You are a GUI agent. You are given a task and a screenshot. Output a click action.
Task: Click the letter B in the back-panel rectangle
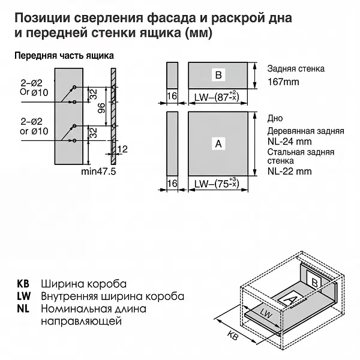coord(218,75)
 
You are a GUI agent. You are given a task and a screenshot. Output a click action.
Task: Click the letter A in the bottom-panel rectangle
coord(218,144)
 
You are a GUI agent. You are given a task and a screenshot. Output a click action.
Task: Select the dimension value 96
coord(101,109)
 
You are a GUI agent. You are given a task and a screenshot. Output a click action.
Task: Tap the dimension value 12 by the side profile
coord(123,149)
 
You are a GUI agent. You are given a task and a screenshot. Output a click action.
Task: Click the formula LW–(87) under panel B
coord(218,96)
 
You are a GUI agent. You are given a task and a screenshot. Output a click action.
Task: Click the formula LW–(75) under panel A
coord(218,183)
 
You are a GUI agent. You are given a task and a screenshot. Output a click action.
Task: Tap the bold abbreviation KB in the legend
coord(23,283)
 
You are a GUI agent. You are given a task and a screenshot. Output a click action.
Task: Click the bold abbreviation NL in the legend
coord(23,309)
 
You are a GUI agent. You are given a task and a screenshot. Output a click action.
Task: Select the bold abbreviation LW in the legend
coord(23,296)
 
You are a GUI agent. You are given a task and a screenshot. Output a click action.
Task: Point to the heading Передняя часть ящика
coord(64,56)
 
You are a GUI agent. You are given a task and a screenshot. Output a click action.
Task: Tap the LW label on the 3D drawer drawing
coord(266,314)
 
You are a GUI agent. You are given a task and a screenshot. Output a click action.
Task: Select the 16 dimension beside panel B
coord(172,96)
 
